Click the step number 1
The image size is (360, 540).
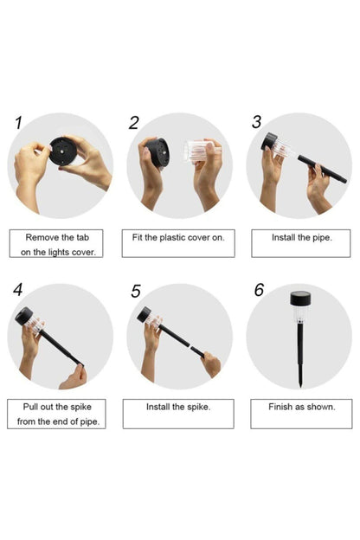pyautogui.click(x=18, y=123)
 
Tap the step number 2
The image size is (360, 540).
pyautogui.click(x=134, y=123)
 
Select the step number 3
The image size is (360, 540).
pyautogui.click(x=257, y=122)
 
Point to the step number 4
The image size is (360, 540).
pyautogui.click(x=17, y=289)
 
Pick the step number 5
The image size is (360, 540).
pyautogui.click(x=136, y=291)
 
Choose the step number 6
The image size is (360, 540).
pyautogui.click(x=259, y=290)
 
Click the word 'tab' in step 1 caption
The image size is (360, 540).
pyautogui.click(x=82, y=237)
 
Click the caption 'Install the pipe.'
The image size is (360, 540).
pyautogui.click(x=302, y=238)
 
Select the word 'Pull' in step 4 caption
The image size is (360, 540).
pyautogui.click(x=30, y=407)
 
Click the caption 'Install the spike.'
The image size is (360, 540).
pyautogui.click(x=178, y=407)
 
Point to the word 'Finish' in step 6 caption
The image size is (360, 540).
pyautogui.click(x=280, y=407)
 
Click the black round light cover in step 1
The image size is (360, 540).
pyautogui.click(x=62, y=151)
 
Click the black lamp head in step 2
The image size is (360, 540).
pyautogui.click(x=158, y=153)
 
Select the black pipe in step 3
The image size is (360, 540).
pyautogui.click(x=322, y=170)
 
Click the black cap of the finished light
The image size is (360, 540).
pyautogui.click(x=300, y=299)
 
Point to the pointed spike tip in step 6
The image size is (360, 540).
pyautogui.click(x=301, y=385)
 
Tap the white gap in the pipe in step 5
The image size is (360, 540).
pyautogui.click(x=190, y=345)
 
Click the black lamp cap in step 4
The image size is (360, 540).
pyautogui.click(x=23, y=316)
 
